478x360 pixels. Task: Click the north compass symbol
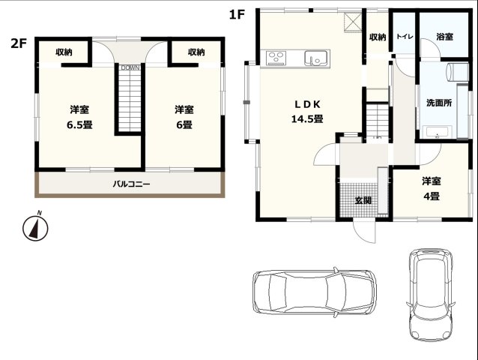[35, 226]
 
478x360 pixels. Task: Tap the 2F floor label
[19, 43]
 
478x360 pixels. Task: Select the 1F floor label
[238, 14]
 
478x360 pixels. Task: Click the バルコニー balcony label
[131, 184]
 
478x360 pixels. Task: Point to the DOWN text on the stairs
[130, 67]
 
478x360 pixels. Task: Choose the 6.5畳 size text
[79, 124]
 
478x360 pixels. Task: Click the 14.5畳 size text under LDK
[307, 118]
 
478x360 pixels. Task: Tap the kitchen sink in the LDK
[316, 58]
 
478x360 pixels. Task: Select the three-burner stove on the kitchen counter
[276, 58]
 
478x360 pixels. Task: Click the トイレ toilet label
[405, 37]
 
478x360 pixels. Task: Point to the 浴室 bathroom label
[444, 37]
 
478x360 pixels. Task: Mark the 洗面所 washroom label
[439, 103]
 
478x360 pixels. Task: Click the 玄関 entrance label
[363, 200]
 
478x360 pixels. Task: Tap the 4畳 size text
[432, 196]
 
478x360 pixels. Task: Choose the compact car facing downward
[431, 295]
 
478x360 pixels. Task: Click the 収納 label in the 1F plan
[378, 37]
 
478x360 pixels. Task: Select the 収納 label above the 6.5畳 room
[64, 52]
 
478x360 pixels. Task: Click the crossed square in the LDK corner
[353, 22]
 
